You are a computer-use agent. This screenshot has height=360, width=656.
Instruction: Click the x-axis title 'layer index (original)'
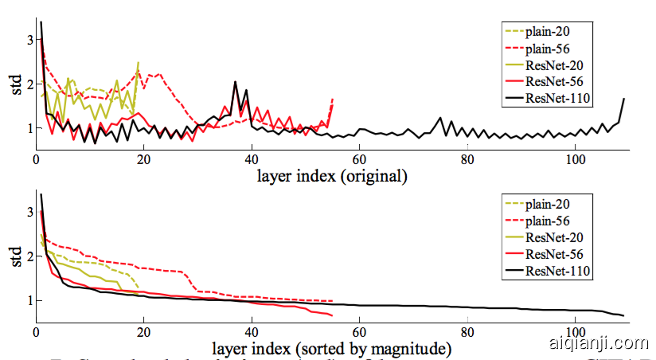(x=332, y=175)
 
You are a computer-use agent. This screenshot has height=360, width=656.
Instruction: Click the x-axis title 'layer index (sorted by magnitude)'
(x=332, y=349)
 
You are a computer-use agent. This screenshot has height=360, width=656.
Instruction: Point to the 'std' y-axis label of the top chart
(x=16, y=84)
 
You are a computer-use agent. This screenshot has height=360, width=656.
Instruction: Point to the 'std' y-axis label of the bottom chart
(x=16, y=257)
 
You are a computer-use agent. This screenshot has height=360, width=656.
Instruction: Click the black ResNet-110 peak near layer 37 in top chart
(x=236, y=81)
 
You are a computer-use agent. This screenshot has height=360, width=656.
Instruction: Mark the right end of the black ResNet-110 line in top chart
(x=623, y=99)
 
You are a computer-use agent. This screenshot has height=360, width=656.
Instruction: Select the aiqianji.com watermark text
(x=599, y=344)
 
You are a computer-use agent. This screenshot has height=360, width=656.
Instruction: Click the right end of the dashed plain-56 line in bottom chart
(x=332, y=301)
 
